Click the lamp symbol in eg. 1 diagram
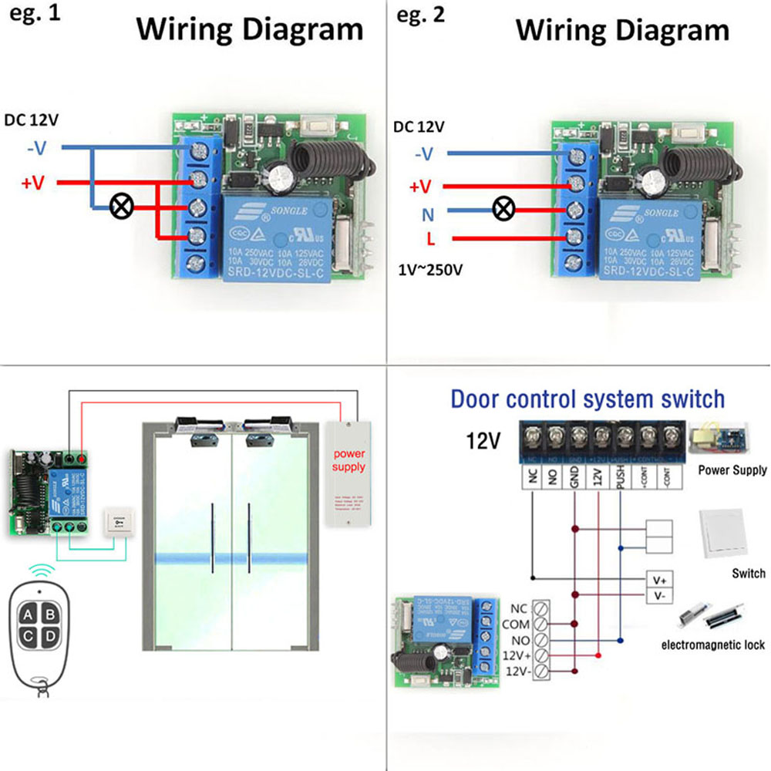[x=121, y=207]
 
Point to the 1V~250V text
[x=432, y=271]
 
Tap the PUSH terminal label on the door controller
[x=621, y=477]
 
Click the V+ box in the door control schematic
[x=659, y=579]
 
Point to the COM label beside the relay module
[x=515, y=624]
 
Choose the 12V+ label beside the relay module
[x=513, y=655]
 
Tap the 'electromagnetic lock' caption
[x=714, y=645]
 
